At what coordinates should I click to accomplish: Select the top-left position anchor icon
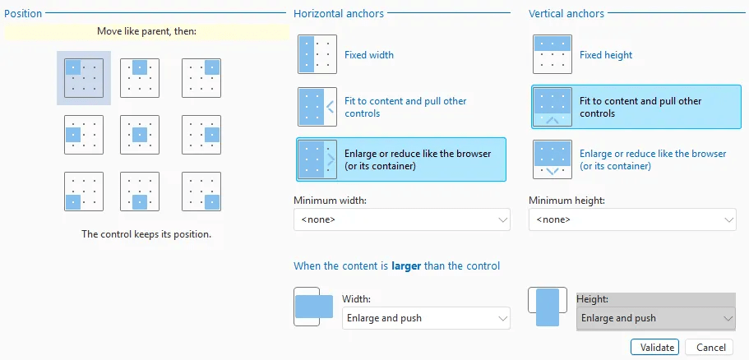84,78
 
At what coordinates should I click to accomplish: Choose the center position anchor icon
140,135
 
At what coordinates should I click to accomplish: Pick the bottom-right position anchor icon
201,192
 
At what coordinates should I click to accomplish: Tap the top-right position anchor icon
201,78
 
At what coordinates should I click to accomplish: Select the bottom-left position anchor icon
84,192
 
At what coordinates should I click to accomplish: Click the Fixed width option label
369,55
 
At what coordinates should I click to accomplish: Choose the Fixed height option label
606,55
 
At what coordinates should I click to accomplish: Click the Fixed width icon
317,54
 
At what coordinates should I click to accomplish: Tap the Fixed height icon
553,54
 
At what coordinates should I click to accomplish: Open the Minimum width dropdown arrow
502,219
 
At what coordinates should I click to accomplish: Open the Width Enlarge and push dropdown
426,318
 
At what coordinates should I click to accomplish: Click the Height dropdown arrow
728,318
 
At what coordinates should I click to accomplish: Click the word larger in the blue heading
406,265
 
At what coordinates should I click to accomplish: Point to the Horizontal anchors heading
339,13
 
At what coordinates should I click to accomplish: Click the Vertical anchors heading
566,13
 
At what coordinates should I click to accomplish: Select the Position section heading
23,13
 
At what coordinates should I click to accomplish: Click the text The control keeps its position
146,234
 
